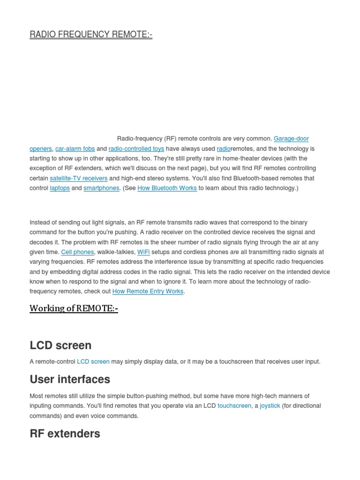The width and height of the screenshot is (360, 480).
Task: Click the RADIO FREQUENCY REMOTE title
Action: [91, 35]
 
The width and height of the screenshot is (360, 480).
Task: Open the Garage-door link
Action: [291, 139]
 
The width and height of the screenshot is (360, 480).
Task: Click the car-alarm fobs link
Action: [75, 149]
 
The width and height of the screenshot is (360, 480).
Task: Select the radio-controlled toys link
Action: [136, 149]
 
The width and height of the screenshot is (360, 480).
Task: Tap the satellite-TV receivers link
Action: [79, 178]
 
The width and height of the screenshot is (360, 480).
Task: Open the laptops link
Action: [60, 188]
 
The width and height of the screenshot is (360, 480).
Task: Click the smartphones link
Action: [101, 188]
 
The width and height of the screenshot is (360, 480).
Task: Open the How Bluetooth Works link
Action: [167, 188]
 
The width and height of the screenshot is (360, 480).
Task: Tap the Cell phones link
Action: [77, 252]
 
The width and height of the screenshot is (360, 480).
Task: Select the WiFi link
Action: [143, 252]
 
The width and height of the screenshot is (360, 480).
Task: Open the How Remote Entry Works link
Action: [148, 292]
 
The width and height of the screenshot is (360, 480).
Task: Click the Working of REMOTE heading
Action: [74, 308]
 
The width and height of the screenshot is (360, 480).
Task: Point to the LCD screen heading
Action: [60, 345]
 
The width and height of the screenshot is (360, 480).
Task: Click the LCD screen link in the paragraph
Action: [93, 362]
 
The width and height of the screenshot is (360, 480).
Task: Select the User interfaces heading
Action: [70, 379]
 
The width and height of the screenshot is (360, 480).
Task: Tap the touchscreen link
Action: [234, 406]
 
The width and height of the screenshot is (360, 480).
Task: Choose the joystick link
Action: [270, 406]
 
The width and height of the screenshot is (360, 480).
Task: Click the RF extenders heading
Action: [65, 434]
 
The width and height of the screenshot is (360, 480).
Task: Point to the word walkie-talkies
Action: [116, 252]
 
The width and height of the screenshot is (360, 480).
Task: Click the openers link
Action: [41, 149]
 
